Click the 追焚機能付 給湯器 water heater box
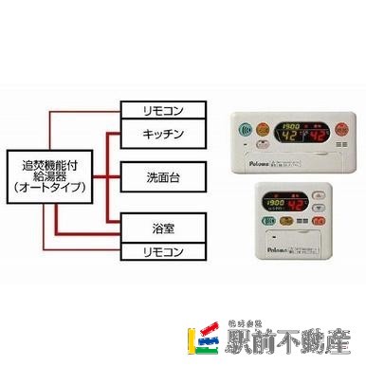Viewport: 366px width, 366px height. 53,176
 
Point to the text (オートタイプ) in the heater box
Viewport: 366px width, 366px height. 53,189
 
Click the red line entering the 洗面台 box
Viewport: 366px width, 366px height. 117,176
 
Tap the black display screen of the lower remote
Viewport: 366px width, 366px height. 290,205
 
